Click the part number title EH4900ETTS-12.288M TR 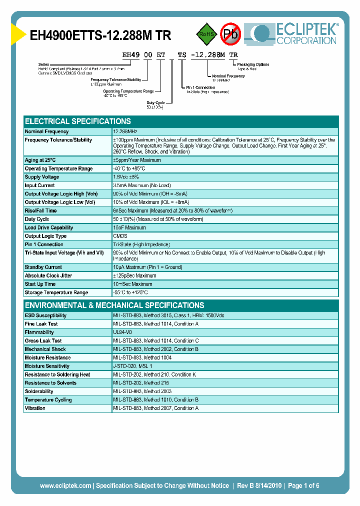coord(100,35)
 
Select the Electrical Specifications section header coord(78,121)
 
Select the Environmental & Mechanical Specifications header coord(114,305)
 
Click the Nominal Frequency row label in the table coord(46,131)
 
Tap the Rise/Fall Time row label coord(41,211)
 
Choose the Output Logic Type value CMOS coord(120,236)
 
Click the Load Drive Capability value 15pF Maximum coord(129,227)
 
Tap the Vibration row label coord(35,408)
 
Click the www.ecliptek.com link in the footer coord(65,485)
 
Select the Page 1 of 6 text coord(303,485)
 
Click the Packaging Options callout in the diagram coord(252,64)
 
